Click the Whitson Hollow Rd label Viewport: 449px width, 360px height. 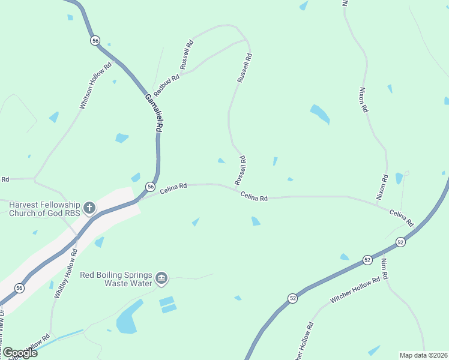point(96,86)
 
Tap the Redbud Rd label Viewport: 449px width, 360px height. point(166,86)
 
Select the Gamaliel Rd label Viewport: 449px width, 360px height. point(154,112)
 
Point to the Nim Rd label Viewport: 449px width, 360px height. point(385,268)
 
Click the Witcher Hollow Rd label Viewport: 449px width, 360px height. point(355,290)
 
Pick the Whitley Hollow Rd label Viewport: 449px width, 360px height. point(66,274)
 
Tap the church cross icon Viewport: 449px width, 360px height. point(89,208)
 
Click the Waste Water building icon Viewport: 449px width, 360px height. point(161,278)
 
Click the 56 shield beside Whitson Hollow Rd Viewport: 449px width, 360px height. point(95,40)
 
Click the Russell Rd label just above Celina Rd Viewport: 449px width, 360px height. point(240,170)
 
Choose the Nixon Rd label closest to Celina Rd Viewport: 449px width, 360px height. point(382,187)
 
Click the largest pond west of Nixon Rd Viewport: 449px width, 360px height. point(319,113)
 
